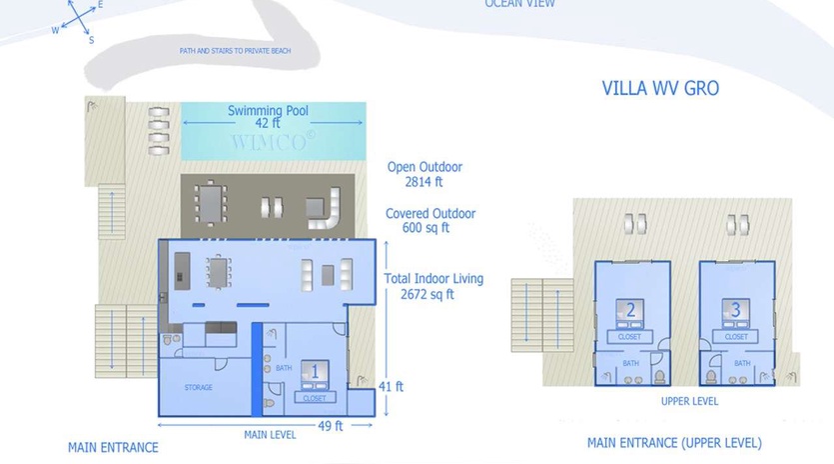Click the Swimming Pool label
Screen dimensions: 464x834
coord(268,110)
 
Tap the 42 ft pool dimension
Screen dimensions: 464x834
coord(268,124)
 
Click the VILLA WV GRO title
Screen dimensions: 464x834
coord(660,88)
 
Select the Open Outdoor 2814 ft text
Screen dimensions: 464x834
coord(424,175)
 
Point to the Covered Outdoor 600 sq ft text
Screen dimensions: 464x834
coord(430,220)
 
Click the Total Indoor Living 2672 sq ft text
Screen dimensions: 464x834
coord(433,286)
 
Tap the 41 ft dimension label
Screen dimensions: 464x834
coord(393,386)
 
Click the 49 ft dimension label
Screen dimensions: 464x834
coord(331,425)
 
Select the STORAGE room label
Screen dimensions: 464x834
coord(198,387)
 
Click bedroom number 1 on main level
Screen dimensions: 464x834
coord(315,372)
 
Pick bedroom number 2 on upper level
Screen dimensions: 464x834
coord(630,309)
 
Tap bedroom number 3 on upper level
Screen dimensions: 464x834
coord(736,309)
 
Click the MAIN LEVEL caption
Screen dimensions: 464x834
coord(270,434)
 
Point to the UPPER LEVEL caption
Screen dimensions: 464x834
coord(689,401)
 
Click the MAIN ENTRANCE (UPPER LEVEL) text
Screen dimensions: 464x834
coord(674,442)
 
